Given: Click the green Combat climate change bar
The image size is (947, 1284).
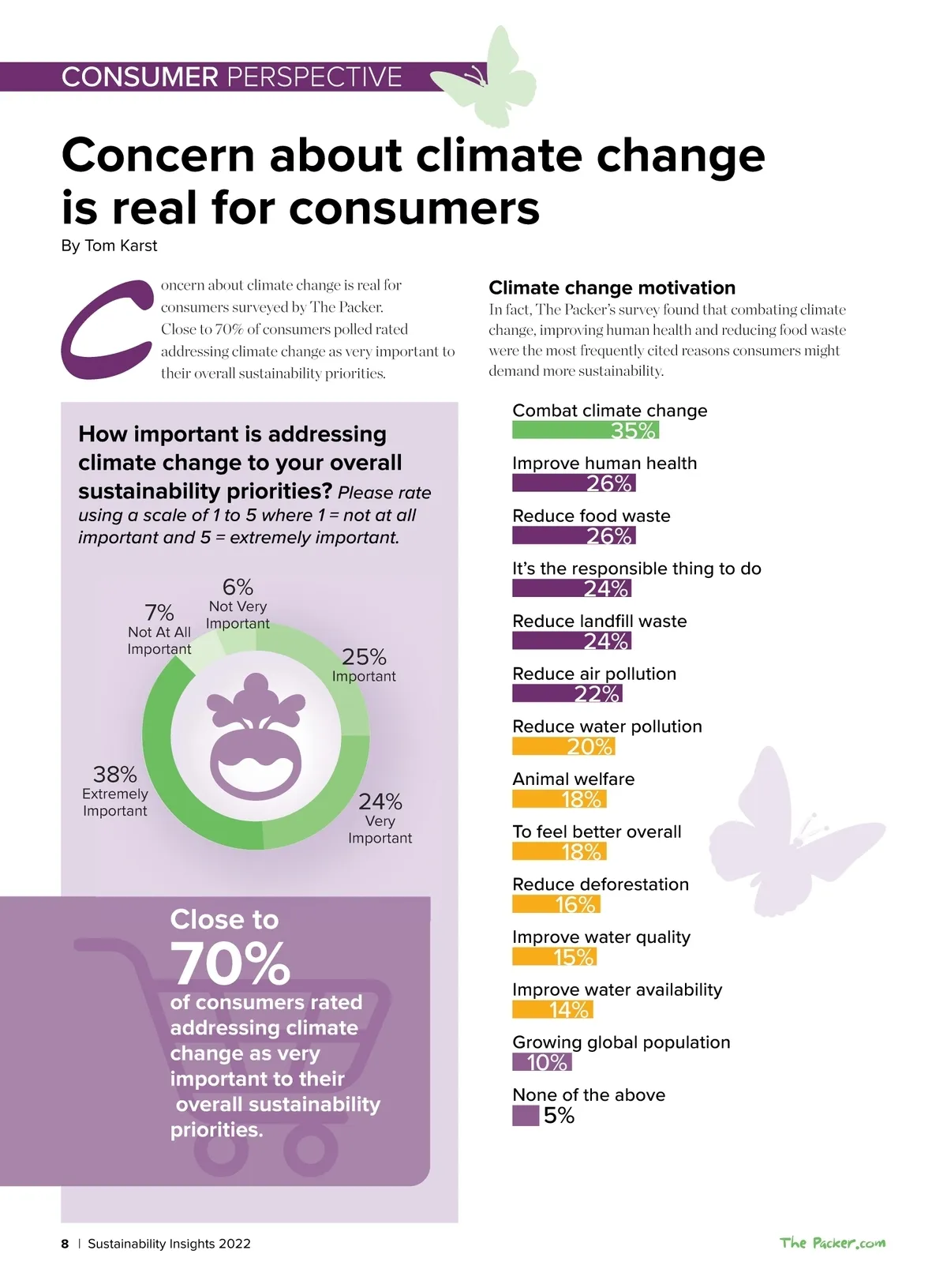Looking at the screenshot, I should click(585, 430).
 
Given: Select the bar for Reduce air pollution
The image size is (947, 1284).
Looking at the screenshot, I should click(567, 693).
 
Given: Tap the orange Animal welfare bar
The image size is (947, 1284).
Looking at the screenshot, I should click(559, 799).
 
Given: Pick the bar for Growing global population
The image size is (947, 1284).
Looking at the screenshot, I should click(541, 1062).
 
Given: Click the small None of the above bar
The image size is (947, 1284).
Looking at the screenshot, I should click(526, 1115).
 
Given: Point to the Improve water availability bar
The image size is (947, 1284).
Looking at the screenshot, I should click(552, 1009).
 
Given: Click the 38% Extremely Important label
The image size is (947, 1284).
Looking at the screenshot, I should click(115, 790).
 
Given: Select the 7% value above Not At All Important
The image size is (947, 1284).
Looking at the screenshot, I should click(159, 613).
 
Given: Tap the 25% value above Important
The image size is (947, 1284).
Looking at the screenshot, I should click(364, 657).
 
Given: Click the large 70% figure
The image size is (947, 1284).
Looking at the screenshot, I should click(230, 963).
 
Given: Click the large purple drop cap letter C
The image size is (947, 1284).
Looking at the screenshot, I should click(107, 329).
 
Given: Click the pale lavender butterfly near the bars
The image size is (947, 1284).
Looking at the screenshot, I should click(789, 833).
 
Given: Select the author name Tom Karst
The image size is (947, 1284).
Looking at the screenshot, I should click(121, 246).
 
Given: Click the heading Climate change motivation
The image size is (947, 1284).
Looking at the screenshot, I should click(612, 287).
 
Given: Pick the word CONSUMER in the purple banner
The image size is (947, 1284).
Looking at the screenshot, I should click(140, 77).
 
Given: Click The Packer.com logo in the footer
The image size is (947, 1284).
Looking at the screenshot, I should click(833, 1243).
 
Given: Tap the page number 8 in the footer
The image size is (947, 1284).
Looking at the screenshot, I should click(65, 1244).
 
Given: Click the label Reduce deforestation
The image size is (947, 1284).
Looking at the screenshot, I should click(601, 884).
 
